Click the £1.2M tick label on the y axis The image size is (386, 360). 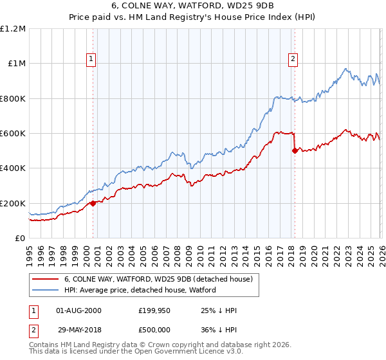13,29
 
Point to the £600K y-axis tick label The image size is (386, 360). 13,134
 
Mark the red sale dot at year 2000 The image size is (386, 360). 93,203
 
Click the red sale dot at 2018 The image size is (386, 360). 295,151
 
